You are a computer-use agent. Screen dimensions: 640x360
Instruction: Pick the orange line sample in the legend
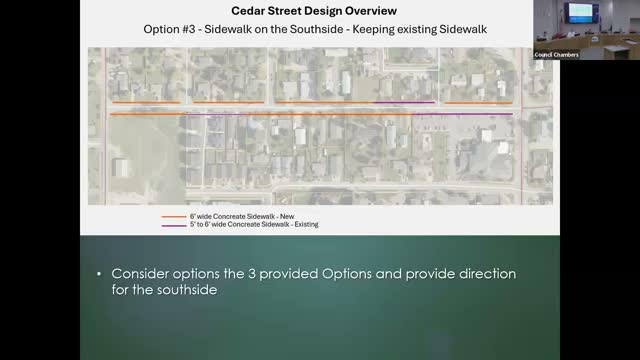pos(174,217)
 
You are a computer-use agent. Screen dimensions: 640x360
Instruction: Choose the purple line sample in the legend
pos(174,225)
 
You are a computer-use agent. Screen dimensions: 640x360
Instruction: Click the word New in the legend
pos(287,217)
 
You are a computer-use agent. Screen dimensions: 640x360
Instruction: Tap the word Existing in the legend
pos(307,224)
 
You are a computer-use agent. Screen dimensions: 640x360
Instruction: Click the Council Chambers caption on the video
pos(556,55)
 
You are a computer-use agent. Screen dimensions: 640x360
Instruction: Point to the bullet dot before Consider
pos(99,274)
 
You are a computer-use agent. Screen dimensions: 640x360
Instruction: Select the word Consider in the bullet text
pos(140,274)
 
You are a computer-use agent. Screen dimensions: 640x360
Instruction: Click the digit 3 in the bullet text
pos(252,274)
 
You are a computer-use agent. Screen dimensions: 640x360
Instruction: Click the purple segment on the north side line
pos(404,102)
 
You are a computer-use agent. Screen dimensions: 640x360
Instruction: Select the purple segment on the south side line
pos(462,114)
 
